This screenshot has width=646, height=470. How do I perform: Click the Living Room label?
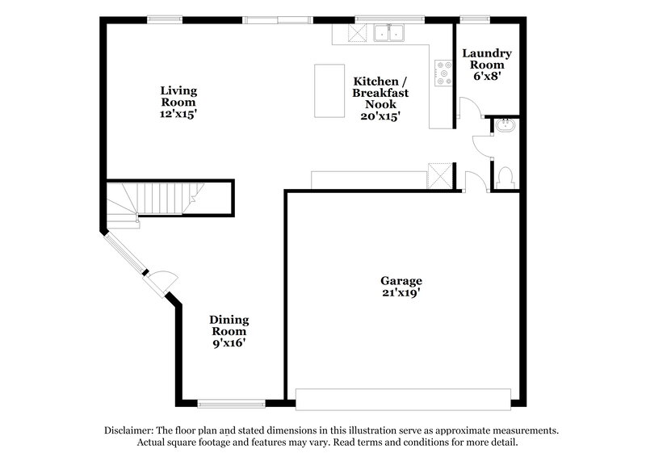178,96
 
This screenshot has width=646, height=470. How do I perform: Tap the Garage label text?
401,281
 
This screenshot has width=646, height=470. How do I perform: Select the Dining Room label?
229,325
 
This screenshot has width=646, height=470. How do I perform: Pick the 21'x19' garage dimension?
401,294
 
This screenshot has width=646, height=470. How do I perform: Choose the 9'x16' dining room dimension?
229,343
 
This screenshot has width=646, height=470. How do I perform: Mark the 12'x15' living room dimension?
178,115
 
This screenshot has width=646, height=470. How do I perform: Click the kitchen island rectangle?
329,90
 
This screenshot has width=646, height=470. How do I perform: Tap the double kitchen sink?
391,32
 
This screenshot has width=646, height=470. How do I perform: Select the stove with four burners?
443,73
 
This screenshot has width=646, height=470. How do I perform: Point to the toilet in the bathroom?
506,176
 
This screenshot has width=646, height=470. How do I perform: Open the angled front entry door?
161,279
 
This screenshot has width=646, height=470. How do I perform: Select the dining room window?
231,403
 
